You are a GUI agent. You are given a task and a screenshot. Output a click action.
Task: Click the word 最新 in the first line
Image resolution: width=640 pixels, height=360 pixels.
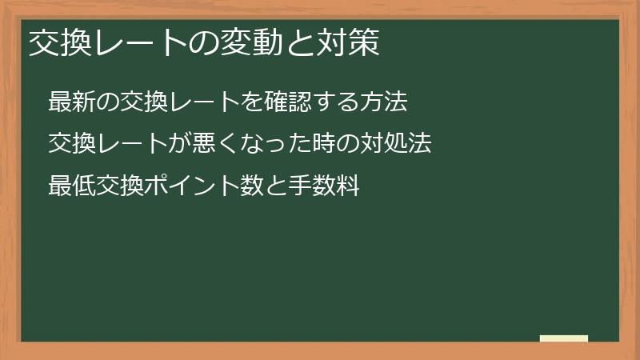click(x=71, y=102)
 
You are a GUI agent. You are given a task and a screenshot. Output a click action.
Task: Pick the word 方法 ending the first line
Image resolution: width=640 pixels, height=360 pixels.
click(x=384, y=102)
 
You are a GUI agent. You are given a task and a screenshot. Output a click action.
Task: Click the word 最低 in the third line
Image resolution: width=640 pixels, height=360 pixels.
click(x=71, y=186)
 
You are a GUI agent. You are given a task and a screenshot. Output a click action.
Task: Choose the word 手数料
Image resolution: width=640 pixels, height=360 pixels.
click(x=324, y=186)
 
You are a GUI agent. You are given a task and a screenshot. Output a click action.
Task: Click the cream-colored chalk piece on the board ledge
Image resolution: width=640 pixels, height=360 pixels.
click(x=564, y=338)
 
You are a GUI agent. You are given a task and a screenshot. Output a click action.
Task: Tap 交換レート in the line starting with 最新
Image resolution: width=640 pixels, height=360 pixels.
click(x=179, y=102)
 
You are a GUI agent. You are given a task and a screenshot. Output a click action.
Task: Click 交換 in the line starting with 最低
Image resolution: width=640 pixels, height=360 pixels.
click(x=119, y=186)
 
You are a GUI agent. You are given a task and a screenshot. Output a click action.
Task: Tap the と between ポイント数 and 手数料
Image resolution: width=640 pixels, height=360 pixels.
click(x=276, y=186)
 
